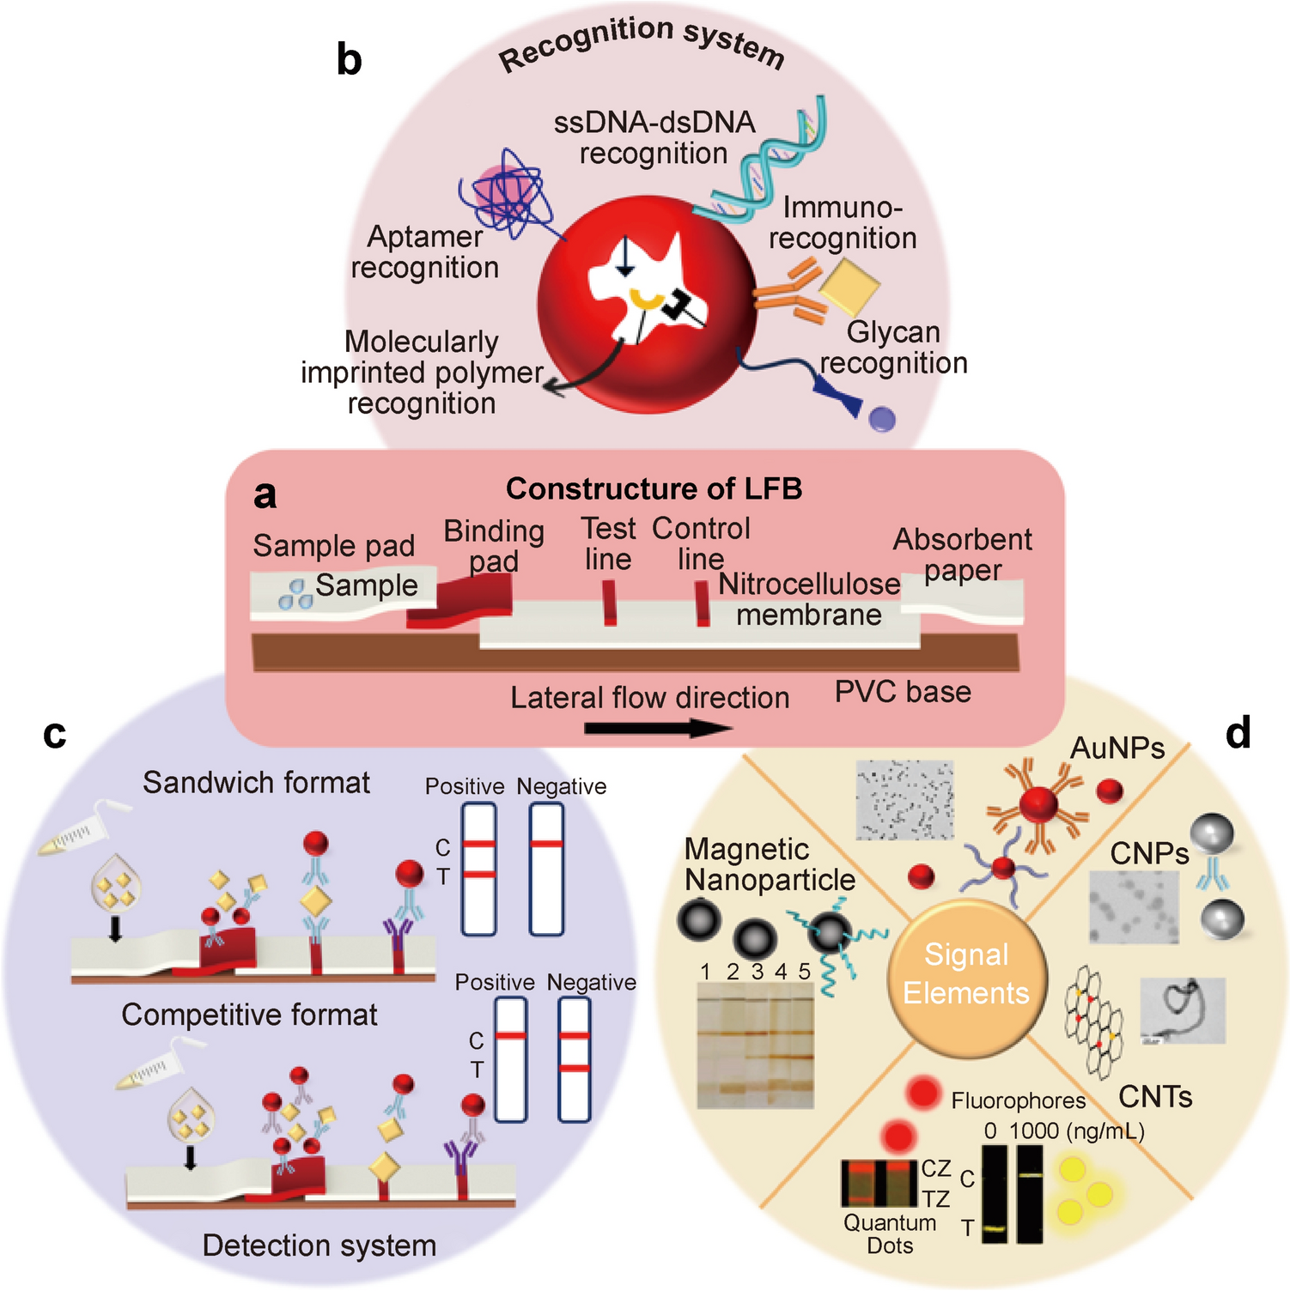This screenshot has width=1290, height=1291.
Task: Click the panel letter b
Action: click(349, 60)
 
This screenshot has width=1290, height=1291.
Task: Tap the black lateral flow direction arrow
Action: click(657, 729)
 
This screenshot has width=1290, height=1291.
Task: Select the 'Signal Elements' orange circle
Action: click(966, 974)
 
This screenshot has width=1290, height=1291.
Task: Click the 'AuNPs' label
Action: click(1117, 749)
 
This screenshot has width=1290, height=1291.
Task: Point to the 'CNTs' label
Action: click(1155, 1097)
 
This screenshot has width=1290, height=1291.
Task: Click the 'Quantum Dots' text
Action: click(890, 1233)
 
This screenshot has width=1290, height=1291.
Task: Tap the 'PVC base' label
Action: click(903, 692)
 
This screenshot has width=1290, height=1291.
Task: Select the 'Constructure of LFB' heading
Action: click(654, 488)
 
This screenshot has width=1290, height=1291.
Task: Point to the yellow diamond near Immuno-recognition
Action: click(849, 288)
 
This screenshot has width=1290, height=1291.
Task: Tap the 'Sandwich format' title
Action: click(256, 783)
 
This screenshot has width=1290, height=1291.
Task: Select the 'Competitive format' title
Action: click(249, 1015)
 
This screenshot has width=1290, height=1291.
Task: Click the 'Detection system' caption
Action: click(319, 1246)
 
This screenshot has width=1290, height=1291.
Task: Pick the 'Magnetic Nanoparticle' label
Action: click(769, 864)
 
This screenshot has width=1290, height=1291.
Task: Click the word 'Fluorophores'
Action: click(1019, 1101)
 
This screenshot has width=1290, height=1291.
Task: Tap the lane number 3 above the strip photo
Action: click(757, 972)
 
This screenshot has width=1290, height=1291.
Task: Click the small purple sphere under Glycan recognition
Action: click(882, 419)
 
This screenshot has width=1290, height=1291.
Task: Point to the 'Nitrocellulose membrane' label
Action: click(809, 599)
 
